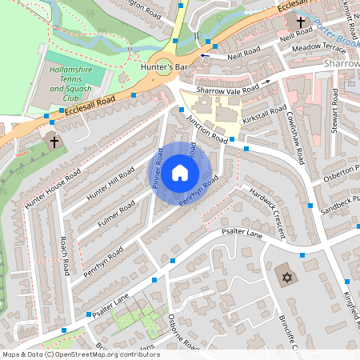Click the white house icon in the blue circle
point(180,172)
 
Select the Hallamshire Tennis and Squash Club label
point(73,82)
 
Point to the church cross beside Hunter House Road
point(54,142)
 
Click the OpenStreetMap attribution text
point(80,354)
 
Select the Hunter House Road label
point(50,190)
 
